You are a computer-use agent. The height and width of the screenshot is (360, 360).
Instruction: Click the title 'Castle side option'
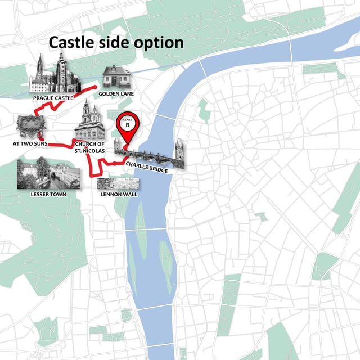coord(116,43)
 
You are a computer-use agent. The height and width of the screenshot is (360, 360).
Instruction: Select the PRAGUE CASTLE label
coord(53,98)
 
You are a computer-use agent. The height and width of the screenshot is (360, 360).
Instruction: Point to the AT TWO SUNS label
coord(29,144)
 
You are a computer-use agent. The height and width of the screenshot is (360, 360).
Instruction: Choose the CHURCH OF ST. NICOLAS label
coord(89,147)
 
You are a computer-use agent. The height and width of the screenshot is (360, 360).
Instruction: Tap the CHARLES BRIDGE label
coord(147,166)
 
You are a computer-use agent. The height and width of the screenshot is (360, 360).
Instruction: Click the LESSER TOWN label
coord(48,194)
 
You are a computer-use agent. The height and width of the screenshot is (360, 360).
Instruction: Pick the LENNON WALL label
coord(119,194)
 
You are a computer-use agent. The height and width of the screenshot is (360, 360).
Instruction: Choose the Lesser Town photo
coord(48,174)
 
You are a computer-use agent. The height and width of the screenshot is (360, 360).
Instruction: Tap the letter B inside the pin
coord(128,125)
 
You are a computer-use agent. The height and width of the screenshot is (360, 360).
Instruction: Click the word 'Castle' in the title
coord(71,43)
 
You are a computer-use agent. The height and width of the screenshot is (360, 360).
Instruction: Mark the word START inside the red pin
coord(128,119)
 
